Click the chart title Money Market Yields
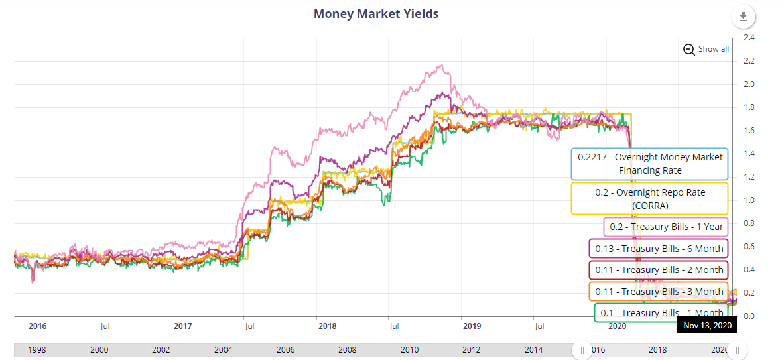coord(375,13)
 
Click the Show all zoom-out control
coord(706,49)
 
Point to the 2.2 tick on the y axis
coord(749,61)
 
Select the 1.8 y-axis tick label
coord(749,107)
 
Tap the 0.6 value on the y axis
coord(749,247)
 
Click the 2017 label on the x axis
coord(182,326)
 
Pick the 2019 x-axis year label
coord(472,326)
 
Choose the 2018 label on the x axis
coord(327,326)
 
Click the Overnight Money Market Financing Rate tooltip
coord(650,164)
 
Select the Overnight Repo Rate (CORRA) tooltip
coord(650,198)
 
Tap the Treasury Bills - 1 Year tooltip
coord(666,227)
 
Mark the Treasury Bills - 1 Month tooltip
coord(661,312)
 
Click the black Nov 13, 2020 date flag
coord(707,326)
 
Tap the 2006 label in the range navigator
coord(285,349)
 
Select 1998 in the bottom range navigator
coord(37,349)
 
